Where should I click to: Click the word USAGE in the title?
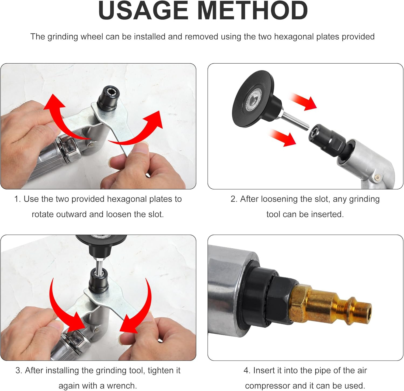pyautogui.click(x=143, y=11)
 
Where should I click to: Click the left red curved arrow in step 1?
pyautogui.click(x=65, y=116)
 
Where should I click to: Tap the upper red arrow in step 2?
pyautogui.click(x=303, y=101)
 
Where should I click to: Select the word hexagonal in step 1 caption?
pyautogui.click(x=126, y=199)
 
